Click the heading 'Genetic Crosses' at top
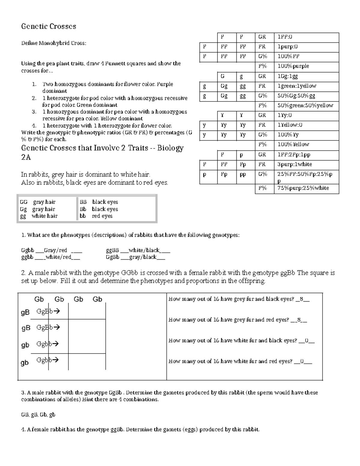point(49,26)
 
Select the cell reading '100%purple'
point(293,66)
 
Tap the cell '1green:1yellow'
point(297,86)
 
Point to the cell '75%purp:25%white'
point(303,188)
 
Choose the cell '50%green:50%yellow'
point(305,105)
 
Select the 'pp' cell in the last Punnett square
point(242,174)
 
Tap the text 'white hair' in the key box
point(44,216)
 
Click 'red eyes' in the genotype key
point(102,216)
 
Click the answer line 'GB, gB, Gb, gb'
point(38,415)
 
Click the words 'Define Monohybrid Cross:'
point(53,43)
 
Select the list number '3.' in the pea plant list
point(34,112)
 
